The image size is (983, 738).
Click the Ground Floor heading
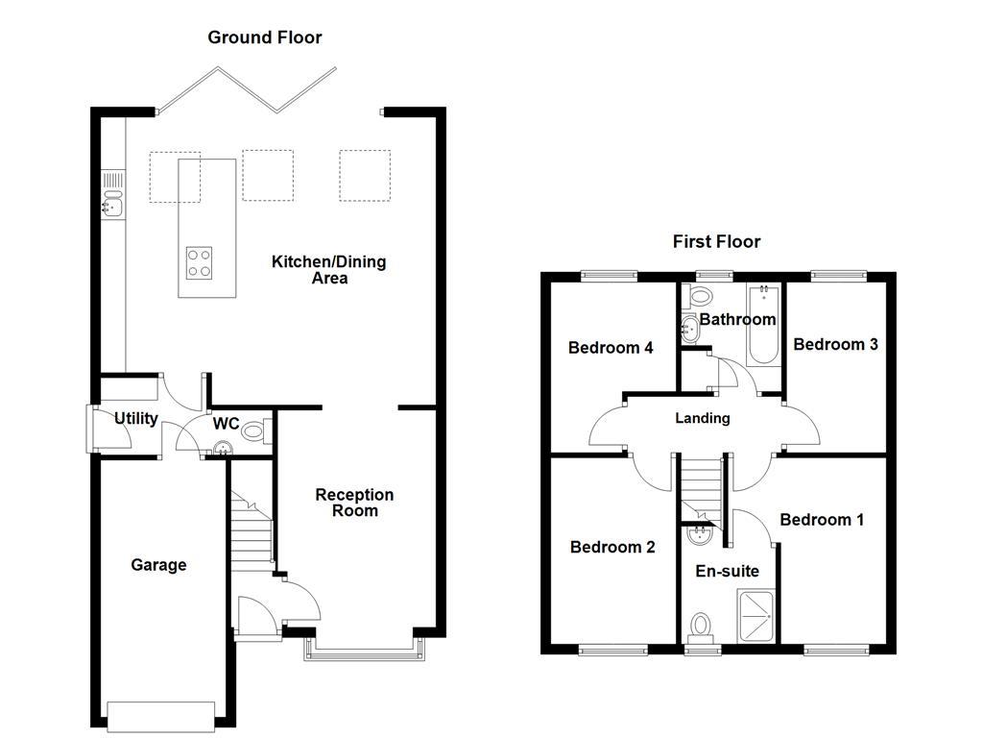coord(265,37)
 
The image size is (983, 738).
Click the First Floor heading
coord(716,241)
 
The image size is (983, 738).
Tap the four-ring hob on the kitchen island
coord(199,262)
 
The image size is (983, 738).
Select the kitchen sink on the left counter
coord(112,203)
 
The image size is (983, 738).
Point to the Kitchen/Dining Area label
coord(328,270)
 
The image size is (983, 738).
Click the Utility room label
coord(136,419)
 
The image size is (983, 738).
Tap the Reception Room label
coord(354,503)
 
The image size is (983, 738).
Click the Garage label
coord(158,565)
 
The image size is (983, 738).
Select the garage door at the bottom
coord(160,716)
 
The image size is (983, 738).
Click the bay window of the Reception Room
coord(360,651)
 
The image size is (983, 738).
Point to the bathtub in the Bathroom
coord(763,327)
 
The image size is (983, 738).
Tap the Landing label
coord(703,418)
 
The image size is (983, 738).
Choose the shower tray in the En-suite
coord(756,615)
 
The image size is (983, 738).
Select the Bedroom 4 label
coord(611,348)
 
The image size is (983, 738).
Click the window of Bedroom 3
coord(838,276)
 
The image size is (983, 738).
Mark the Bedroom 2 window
coord(612,650)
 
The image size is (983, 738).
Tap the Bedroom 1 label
coord(822,520)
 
